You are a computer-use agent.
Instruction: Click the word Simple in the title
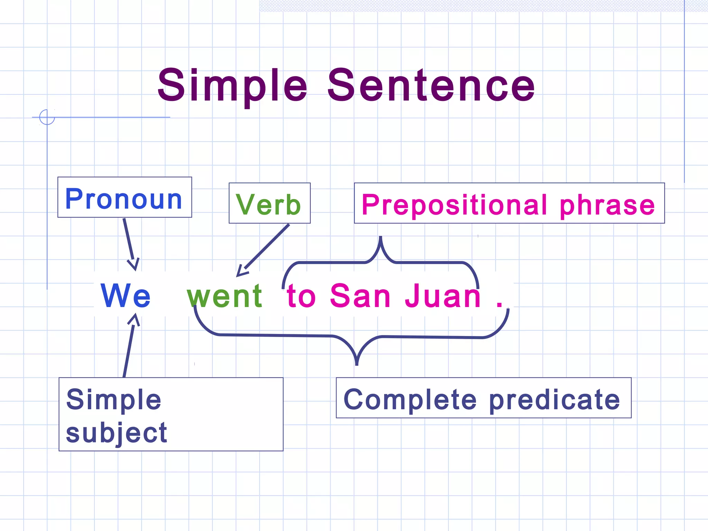point(232,86)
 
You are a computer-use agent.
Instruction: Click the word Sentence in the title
point(431,86)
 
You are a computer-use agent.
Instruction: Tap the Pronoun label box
point(124,198)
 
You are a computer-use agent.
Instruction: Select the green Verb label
point(269,204)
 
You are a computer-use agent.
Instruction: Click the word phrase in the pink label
point(607,205)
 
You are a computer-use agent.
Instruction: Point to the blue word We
point(125,296)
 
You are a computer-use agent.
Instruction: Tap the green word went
point(225,296)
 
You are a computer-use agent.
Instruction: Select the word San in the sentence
point(360,296)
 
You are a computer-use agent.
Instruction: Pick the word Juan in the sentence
point(442,296)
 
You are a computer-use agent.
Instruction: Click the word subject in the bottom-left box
point(117,433)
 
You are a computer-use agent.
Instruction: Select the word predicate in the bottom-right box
point(555,400)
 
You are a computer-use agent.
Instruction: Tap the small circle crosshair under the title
point(47,117)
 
